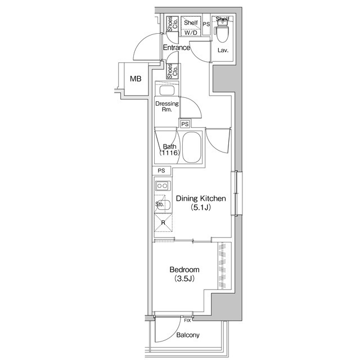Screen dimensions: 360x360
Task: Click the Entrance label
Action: point(176,48)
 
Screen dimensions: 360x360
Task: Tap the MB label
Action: point(136,79)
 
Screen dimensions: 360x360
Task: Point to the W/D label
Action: point(191,33)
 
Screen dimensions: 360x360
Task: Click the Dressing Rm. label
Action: point(166,107)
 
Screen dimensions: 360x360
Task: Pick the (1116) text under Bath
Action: point(169,152)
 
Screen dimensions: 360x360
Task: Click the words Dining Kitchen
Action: point(201,199)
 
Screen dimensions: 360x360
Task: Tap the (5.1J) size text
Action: point(201,208)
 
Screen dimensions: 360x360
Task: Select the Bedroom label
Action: point(185,270)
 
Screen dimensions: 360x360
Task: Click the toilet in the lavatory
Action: point(222,33)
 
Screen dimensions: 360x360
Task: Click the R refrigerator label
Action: point(163,222)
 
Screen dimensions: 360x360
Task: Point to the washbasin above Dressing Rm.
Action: point(167,90)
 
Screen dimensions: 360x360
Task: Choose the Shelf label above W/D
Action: point(191,22)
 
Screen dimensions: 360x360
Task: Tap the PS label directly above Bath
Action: point(184,124)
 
